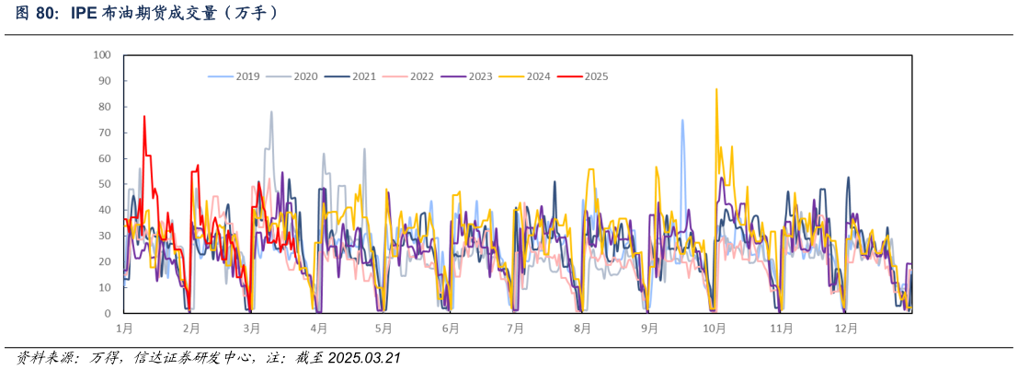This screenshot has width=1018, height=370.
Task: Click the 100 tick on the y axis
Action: tap(102, 55)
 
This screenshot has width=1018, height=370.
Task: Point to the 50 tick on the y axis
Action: tap(105, 184)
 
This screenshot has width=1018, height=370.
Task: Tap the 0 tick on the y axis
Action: tap(108, 314)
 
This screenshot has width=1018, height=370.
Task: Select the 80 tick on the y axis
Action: tap(105, 107)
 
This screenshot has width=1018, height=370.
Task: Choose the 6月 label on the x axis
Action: tap(450, 328)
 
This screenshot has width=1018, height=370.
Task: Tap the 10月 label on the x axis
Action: tap(714, 328)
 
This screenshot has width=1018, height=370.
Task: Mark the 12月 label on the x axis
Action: tap(846, 328)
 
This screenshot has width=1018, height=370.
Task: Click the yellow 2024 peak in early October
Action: tap(716, 89)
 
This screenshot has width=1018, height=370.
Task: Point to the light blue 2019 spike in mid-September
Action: tap(682, 121)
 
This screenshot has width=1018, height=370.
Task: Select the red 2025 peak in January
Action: tap(144, 117)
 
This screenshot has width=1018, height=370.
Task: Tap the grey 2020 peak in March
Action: tap(271, 112)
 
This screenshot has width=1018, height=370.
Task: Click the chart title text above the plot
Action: tap(147, 13)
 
